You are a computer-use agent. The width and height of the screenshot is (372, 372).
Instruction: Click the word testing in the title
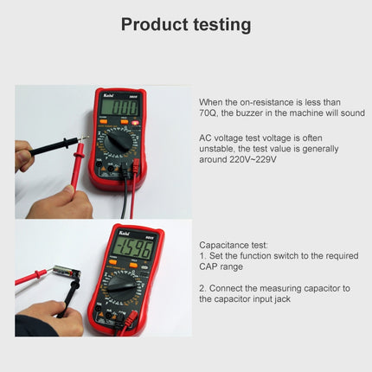pyautogui.click(x=221, y=24)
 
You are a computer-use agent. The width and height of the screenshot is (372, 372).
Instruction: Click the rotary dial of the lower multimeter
pyautogui.click(x=125, y=286)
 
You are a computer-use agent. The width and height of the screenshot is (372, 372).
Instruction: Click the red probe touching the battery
pyautogui.click(x=30, y=277)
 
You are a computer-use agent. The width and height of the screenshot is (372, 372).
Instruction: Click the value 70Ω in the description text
pyautogui.click(x=209, y=112)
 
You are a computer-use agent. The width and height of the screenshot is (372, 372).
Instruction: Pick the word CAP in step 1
pyautogui.click(x=210, y=267)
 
